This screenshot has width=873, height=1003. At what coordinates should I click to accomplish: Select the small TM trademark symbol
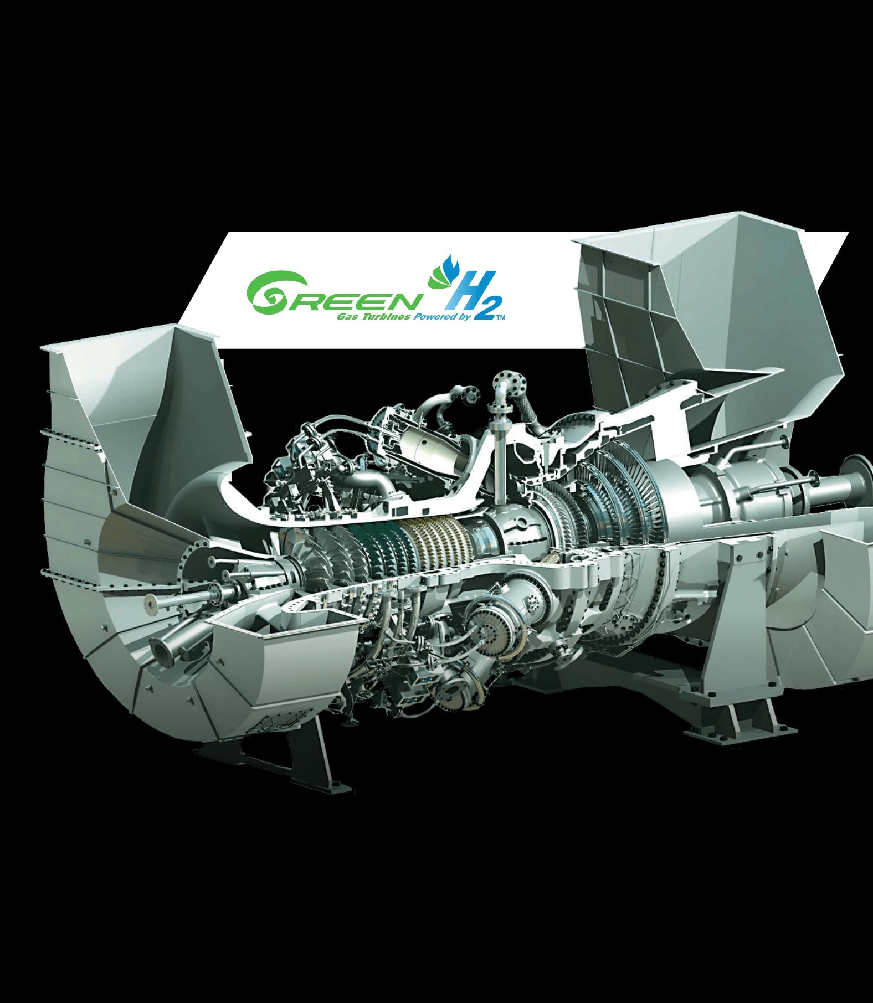[x=501, y=318]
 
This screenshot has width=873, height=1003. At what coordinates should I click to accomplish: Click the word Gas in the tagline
[x=348, y=317]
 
